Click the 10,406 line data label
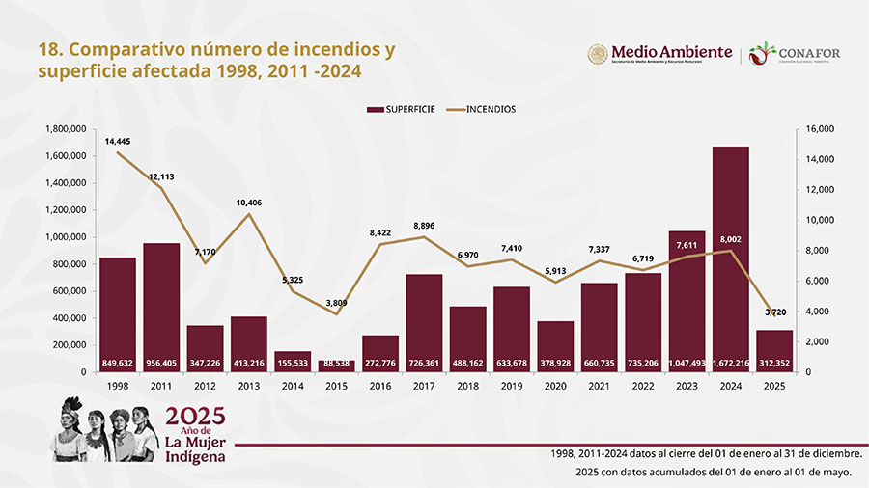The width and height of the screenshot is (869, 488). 249,203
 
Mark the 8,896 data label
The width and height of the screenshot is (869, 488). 425,226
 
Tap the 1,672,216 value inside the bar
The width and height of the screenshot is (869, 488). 732,363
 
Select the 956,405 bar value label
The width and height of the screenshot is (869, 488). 162,363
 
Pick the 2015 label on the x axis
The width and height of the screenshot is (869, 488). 337,386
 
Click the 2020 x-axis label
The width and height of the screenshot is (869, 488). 556,386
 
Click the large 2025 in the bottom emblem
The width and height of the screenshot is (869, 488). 195,416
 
